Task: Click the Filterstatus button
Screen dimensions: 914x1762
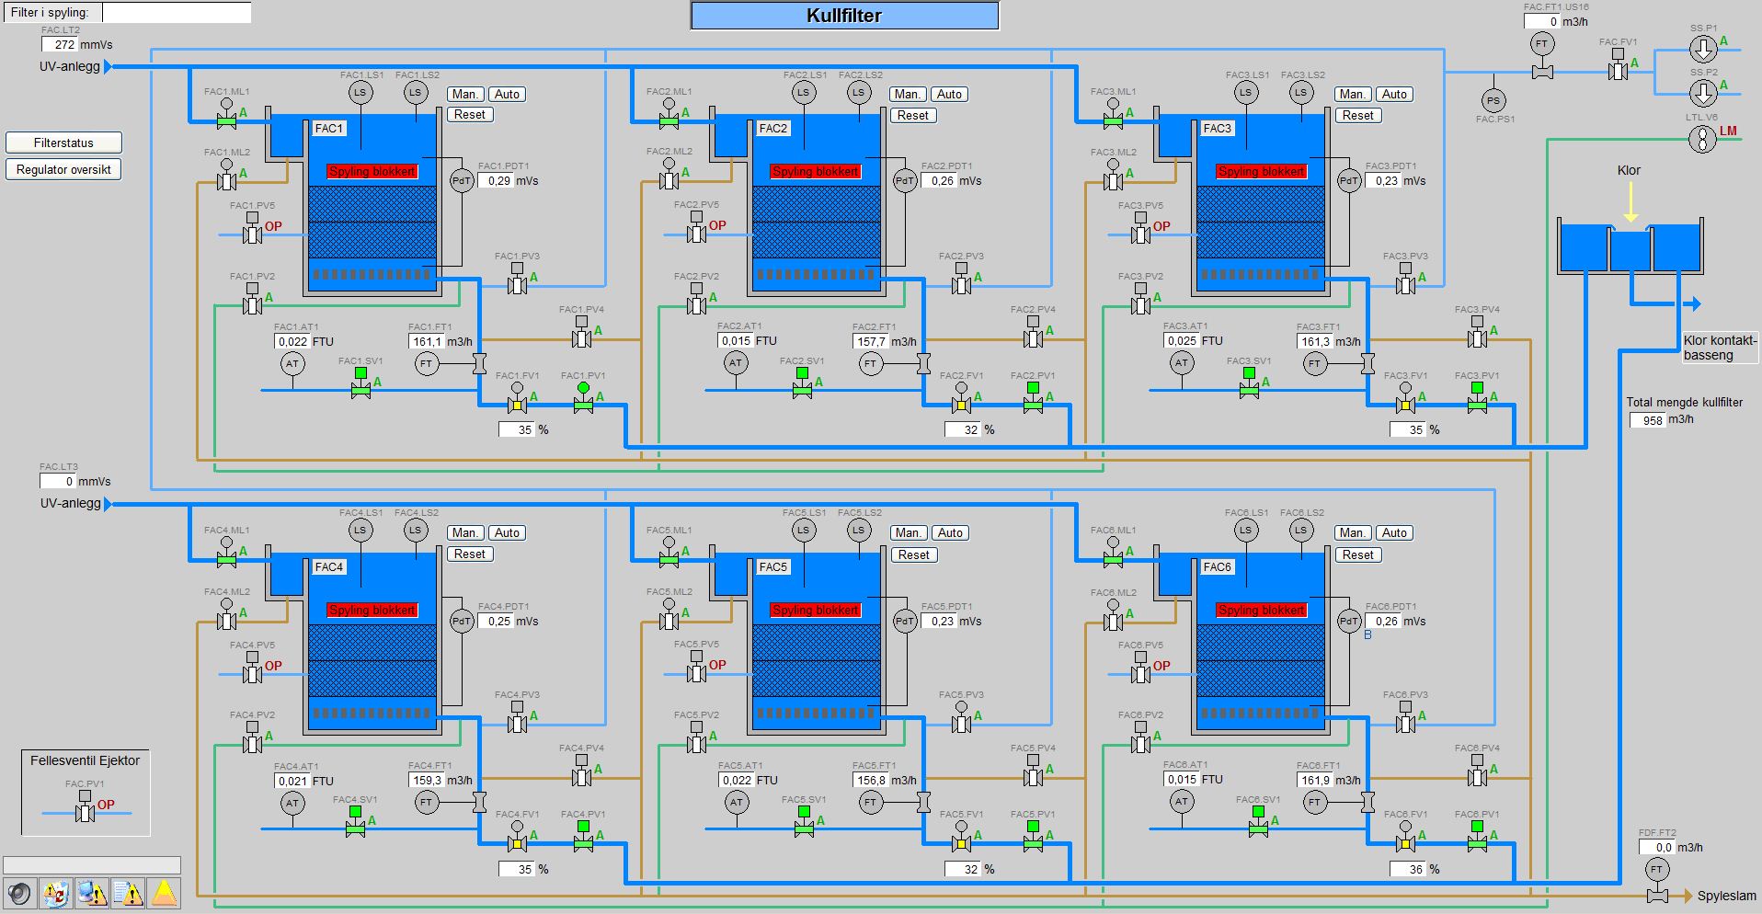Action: [x=63, y=143]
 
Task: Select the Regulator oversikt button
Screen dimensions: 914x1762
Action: [x=63, y=169]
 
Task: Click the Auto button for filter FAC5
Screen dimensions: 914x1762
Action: [x=950, y=532]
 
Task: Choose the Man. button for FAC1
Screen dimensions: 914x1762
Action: [x=465, y=94]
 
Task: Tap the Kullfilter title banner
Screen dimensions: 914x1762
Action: [x=844, y=16]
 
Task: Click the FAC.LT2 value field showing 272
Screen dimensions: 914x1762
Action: [x=59, y=44]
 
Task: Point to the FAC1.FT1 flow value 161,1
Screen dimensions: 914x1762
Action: [x=427, y=341]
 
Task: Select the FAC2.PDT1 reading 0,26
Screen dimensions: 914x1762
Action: [x=943, y=181]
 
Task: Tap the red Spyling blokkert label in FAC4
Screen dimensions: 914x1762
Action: [x=372, y=610]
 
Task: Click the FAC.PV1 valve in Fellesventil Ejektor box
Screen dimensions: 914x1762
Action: [x=85, y=811]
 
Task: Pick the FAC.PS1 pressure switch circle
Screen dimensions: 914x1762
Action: [x=1493, y=101]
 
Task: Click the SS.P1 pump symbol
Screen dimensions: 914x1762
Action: [x=1703, y=49]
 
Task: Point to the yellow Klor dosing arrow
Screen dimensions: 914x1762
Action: [x=1630, y=201]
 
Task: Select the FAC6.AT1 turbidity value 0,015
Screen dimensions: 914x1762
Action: [x=1182, y=780]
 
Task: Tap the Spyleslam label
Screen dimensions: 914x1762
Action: [x=1726, y=896]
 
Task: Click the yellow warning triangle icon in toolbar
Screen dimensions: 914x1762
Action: [x=164, y=893]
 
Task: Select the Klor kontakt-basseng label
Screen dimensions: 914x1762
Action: [x=1720, y=348]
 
